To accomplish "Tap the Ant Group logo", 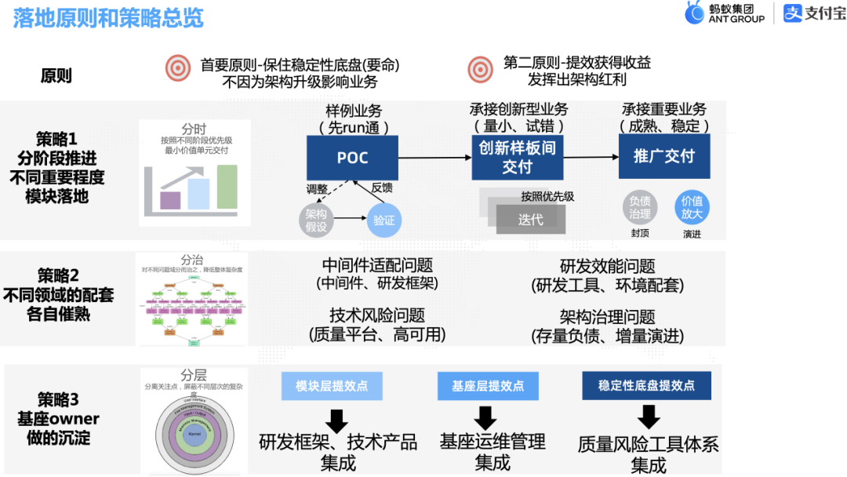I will coord(724,13).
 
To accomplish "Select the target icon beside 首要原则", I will coord(178,69).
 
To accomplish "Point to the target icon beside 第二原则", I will coord(480,69).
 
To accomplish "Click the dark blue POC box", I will coord(352,158).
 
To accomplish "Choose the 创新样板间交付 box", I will coord(517,157).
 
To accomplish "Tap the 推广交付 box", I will coord(663,156).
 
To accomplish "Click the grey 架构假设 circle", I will coord(317,220).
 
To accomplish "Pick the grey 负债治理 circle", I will coord(639,207).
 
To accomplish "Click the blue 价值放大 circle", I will coord(692,207).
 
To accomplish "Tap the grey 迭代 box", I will coord(530,220).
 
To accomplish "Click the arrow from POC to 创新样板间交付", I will coord(434,158).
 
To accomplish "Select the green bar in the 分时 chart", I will coord(227,188).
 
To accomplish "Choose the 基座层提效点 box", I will coord(487,385).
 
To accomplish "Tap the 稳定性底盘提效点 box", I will coord(646,385).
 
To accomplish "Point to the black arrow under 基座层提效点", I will coord(486,416).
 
